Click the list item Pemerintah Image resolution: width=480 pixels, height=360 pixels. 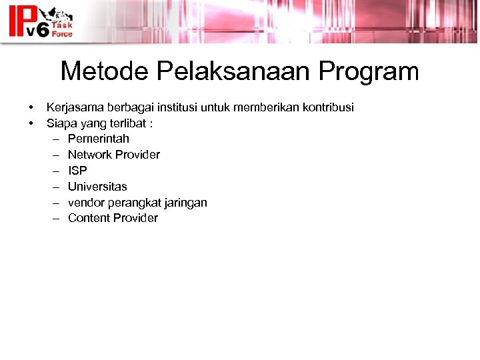[x=98, y=139]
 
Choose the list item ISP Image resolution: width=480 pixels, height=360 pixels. [x=77, y=171]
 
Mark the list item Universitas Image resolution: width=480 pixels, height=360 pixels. [x=97, y=187]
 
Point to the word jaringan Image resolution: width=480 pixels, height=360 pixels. [x=185, y=203]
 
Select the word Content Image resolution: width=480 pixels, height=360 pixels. [x=89, y=218]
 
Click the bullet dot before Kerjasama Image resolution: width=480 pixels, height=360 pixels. [x=31, y=108]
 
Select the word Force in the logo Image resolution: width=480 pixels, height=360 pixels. [x=63, y=33]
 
